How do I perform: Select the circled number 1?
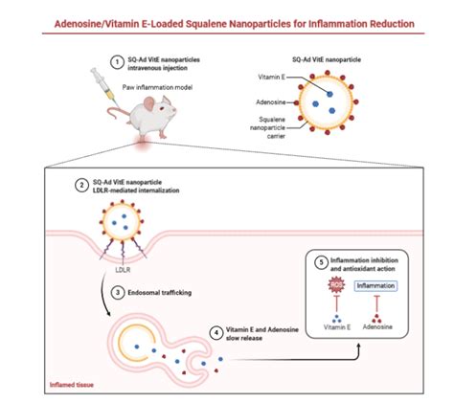click(x=117, y=60)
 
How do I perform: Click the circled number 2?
click(x=96, y=182)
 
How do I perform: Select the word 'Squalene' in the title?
click(x=208, y=21)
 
